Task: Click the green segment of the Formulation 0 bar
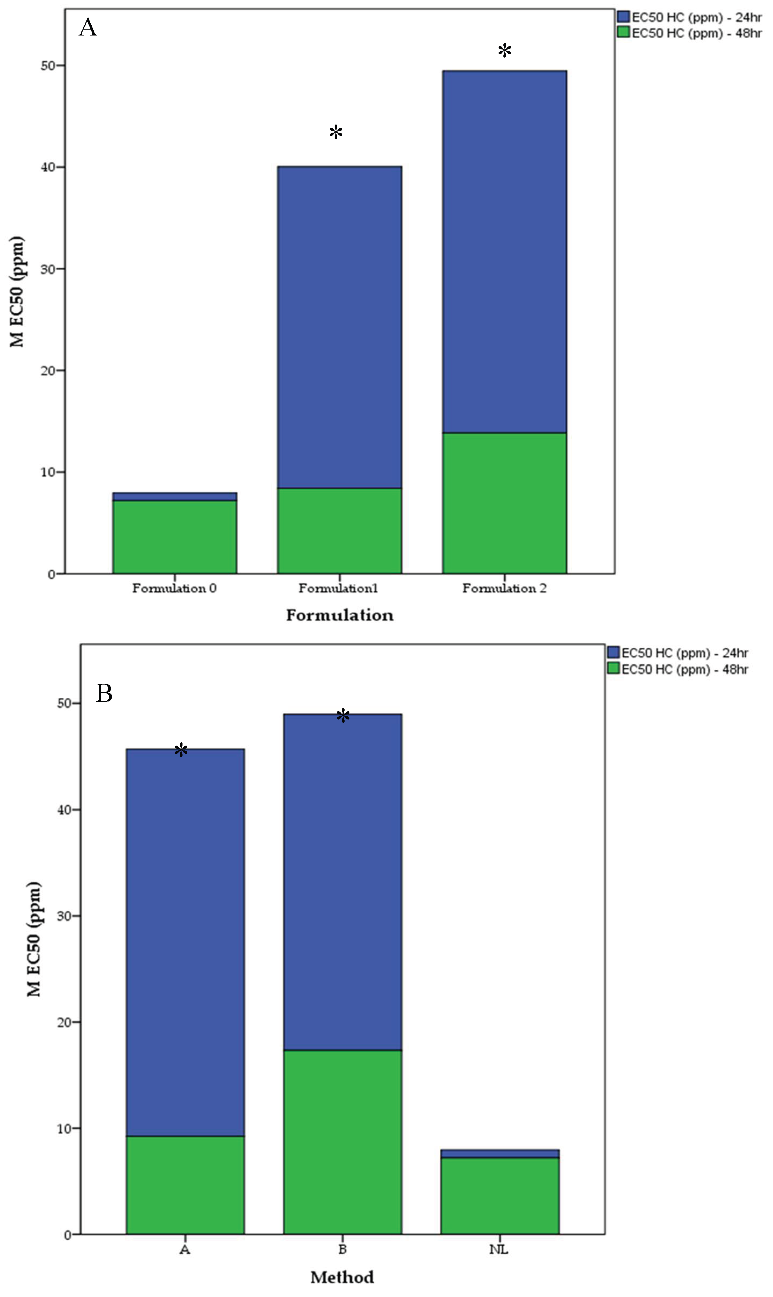click(x=174, y=537)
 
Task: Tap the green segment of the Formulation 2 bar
click(x=504, y=503)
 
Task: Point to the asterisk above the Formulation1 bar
click(x=336, y=132)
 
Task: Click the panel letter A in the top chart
click(x=88, y=27)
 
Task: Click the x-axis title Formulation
click(x=340, y=615)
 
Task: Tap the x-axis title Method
click(x=342, y=1277)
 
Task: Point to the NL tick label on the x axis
click(x=499, y=1250)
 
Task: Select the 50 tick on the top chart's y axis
click(x=48, y=66)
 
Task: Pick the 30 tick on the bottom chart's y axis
click(x=63, y=916)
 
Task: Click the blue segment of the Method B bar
click(x=342, y=881)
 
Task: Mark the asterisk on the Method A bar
click(x=181, y=751)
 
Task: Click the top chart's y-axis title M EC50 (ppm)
click(x=17, y=292)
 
